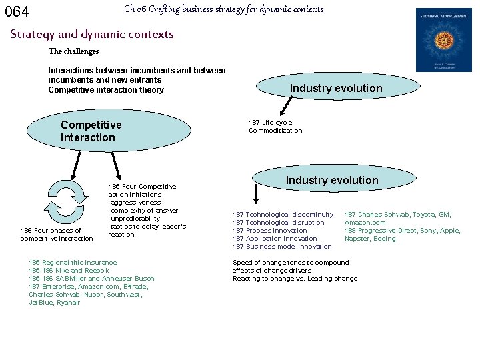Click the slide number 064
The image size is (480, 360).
17,11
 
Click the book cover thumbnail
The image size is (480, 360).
443,40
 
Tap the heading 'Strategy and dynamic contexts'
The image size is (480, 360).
92,34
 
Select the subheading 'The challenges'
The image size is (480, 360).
73,51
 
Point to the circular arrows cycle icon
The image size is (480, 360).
67,202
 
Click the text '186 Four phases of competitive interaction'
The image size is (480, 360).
57,235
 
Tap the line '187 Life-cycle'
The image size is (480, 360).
270,123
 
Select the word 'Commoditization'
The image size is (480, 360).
275,131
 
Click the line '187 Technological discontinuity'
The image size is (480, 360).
283,215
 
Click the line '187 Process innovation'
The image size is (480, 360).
270,231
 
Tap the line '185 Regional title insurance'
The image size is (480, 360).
73,263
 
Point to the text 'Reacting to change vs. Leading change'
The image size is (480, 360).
295,279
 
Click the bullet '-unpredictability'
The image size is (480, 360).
134,219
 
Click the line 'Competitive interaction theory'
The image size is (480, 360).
106,90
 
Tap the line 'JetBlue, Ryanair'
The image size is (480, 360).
55,303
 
